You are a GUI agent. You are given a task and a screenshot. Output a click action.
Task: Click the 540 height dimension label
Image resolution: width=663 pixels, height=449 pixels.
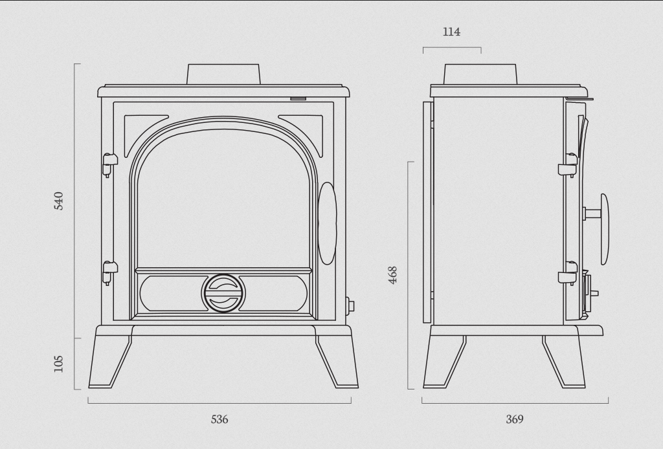(59, 201)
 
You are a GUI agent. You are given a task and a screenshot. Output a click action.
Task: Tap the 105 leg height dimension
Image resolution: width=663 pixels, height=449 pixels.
(58, 364)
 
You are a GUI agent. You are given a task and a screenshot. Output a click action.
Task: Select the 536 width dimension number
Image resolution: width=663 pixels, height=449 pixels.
(219, 419)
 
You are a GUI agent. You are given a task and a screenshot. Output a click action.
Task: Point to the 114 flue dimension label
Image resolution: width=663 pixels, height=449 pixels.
(451, 32)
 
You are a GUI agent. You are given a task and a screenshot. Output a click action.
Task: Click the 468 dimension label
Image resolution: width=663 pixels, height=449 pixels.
(393, 275)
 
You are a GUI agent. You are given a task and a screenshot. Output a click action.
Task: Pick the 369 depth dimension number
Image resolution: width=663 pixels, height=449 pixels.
(515, 419)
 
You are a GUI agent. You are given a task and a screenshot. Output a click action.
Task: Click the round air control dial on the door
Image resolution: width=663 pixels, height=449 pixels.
(224, 293)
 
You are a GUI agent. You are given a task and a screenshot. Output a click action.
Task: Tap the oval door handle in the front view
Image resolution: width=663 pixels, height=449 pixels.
(327, 223)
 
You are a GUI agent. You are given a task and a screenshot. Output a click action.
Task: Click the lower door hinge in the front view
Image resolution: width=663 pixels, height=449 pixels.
(109, 273)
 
